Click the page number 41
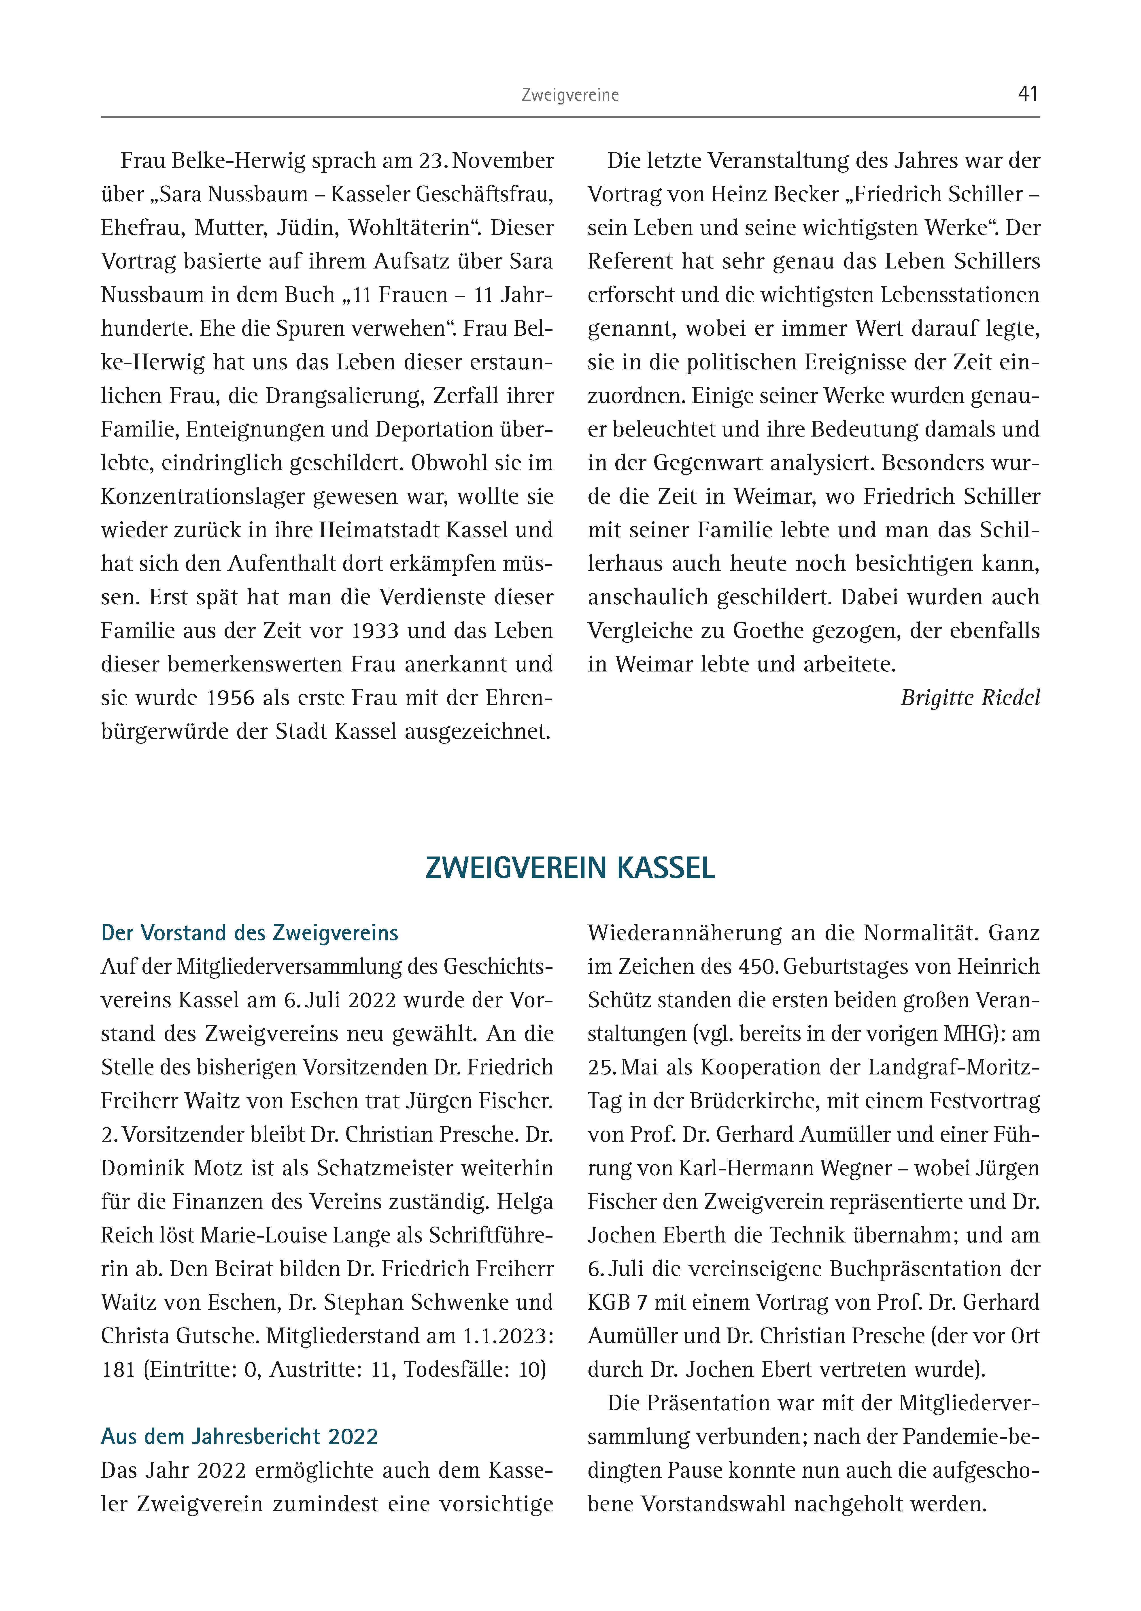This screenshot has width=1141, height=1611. pos(1028,94)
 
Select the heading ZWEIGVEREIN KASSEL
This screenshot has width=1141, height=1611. pos(570,868)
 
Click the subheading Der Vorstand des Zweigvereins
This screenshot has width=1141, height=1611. pos(249,933)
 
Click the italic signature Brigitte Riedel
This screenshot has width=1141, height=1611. pos(970,698)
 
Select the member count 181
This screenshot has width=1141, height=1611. pos(117,1369)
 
